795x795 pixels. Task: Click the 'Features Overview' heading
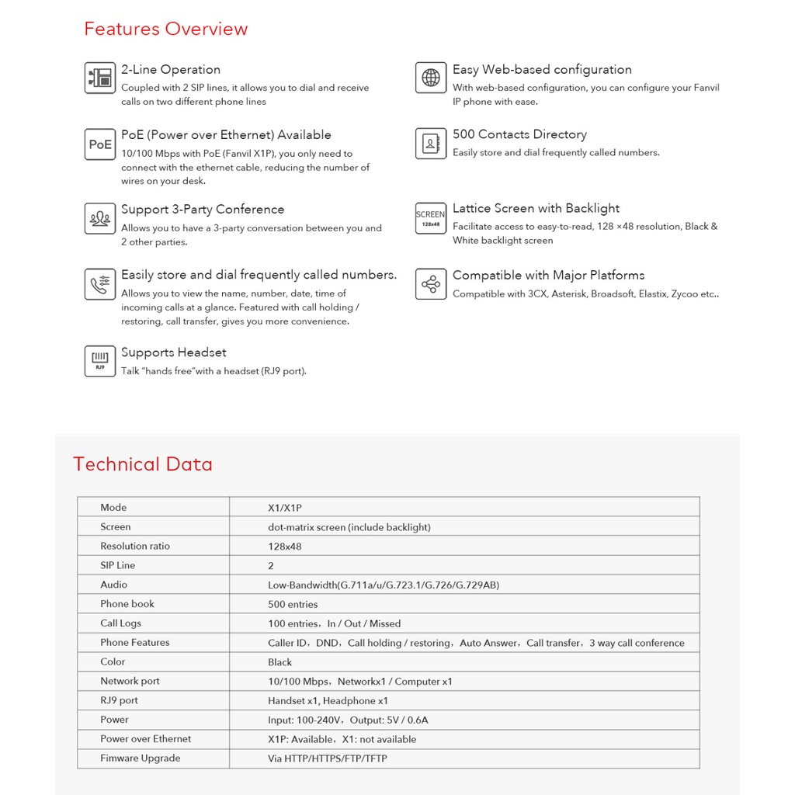(x=165, y=30)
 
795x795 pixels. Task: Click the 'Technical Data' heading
(x=142, y=464)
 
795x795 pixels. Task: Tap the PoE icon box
(x=100, y=144)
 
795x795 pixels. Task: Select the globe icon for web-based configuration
(x=431, y=78)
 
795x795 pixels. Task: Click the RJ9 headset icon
(x=100, y=361)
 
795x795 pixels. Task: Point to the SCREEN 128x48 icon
(x=431, y=218)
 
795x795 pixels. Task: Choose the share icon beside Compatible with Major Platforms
(x=431, y=284)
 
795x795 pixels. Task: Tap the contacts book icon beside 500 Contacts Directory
(x=431, y=144)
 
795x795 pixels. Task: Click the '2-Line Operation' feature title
(x=171, y=70)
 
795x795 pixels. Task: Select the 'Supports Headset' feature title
(x=174, y=352)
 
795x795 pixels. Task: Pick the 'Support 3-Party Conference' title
(x=203, y=210)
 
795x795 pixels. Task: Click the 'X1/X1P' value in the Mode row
(x=285, y=508)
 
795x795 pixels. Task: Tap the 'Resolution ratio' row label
(x=135, y=546)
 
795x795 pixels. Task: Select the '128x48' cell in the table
(x=285, y=547)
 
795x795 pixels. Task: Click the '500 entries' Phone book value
(x=293, y=604)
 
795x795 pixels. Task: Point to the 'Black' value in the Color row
(x=280, y=662)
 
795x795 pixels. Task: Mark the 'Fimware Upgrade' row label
(x=140, y=758)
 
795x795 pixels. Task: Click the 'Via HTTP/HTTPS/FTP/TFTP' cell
(x=327, y=759)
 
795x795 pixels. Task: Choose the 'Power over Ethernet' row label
(x=145, y=739)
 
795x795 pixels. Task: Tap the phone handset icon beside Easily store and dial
(x=100, y=284)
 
